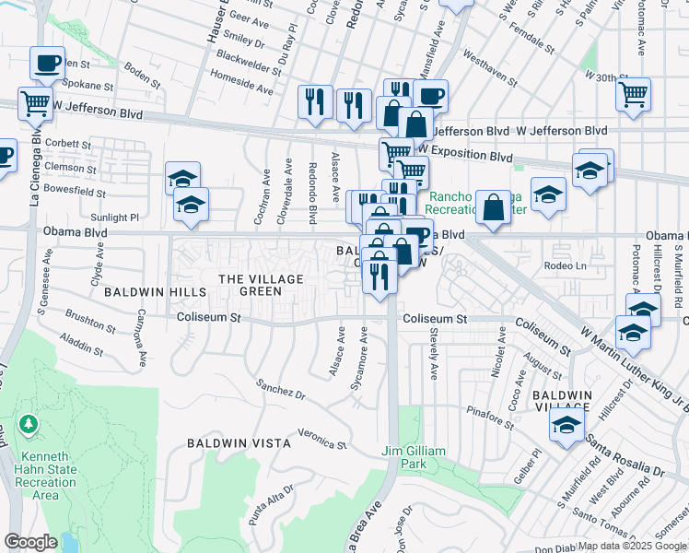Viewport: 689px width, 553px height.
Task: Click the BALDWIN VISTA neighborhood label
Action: [239, 443]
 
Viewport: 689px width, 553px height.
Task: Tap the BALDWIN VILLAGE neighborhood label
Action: [561, 400]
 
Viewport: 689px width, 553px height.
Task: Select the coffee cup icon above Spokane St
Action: [46, 64]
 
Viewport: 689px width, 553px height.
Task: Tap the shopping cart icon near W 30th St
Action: [634, 93]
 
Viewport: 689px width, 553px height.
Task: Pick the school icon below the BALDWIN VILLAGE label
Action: [566, 424]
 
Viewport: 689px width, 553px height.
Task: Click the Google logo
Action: [30, 542]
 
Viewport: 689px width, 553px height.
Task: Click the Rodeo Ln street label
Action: [566, 265]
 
